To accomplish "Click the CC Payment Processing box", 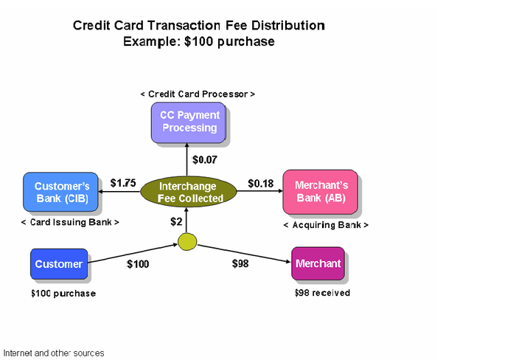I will pyautogui.click(x=189, y=122).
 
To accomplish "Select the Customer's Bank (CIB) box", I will pyautogui.click(x=61, y=192).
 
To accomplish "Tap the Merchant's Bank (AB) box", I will pyautogui.click(x=321, y=192).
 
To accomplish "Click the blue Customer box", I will pyautogui.click(x=58, y=264).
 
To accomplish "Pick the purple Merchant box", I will pyautogui.click(x=317, y=264).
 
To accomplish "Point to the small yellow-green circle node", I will pyautogui.click(x=187, y=240).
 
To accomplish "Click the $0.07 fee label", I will pyautogui.click(x=205, y=159).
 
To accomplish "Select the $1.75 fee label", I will pyautogui.click(x=123, y=183).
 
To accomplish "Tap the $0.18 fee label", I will pyautogui.click(x=260, y=183).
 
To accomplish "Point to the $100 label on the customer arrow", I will pyautogui.click(x=138, y=263).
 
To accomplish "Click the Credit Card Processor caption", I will pyautogui.click(x=198, y=94).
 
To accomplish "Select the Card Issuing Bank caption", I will pyautogui.click(x=70, y=222).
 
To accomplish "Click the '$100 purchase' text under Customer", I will pyautogui.click(x=63, y=294).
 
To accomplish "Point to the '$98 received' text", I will pyautogui.click(x=321, y=293).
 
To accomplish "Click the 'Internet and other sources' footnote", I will pyautogui.click(x=54, y=353).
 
